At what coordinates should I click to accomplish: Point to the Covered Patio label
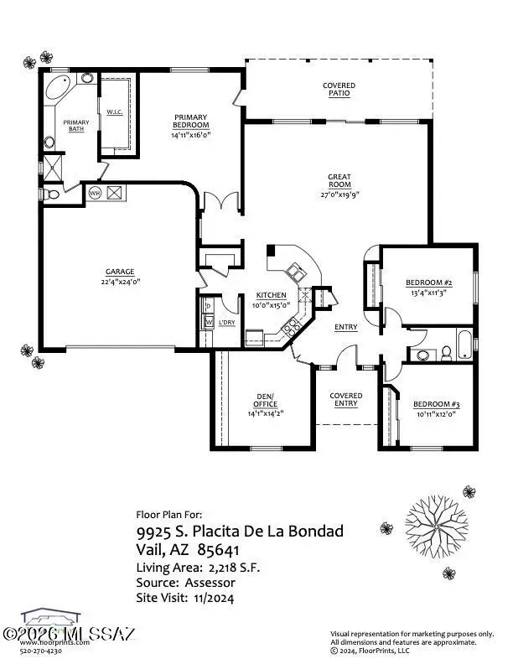click(339, 90)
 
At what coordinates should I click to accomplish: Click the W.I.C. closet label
click(115, 112)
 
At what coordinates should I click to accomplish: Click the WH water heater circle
click(95, 193)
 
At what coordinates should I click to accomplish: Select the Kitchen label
click(272, 295)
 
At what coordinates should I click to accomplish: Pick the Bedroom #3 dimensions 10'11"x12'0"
click(437, 413)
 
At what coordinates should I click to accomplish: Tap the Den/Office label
click(259, 401)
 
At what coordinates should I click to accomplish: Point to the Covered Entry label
click(345, 399)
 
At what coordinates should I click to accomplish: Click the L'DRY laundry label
click(226, 323)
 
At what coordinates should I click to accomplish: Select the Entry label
click(346, 327)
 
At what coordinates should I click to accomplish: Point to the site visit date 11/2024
click(215, 598)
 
